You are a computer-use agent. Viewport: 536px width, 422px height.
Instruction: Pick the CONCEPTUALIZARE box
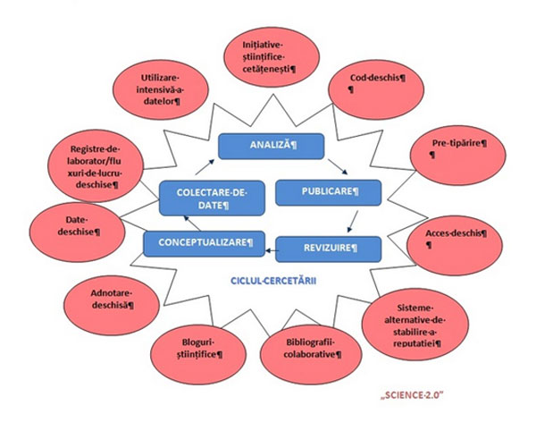click(x=205, y=241)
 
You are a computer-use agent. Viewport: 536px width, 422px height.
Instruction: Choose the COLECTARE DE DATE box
click(x=203, y=197)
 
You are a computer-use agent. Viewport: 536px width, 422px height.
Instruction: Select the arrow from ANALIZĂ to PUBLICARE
click(x=336, y=165)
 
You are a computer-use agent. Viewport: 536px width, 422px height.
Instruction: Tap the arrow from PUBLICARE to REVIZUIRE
click(x=354, y=221)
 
